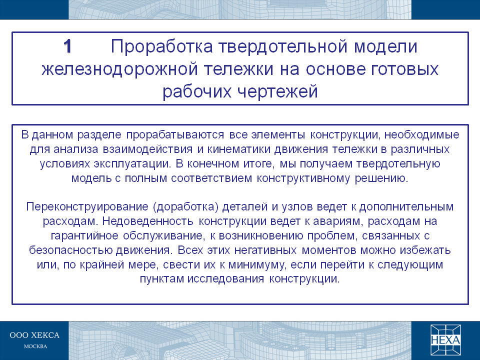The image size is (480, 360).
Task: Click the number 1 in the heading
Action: tap(67, 46)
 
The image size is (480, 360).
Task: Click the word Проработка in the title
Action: tap(161, 47)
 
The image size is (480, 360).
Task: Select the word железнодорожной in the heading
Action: tap(119, 69)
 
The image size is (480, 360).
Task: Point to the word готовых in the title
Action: tap(404, 69)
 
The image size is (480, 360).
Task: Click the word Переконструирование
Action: tap(87, 207)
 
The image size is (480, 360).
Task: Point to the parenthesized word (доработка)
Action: tap(185, 207)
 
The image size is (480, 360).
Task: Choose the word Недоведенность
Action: tap(147, 221)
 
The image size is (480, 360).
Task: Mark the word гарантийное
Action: tap(84, 236)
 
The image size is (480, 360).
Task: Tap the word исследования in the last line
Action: tap(225, 279)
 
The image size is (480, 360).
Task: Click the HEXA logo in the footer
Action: tap(445, 340)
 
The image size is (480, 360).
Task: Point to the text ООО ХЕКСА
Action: tap(34, 335)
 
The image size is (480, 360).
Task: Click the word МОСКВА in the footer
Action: tap(35, 346)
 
